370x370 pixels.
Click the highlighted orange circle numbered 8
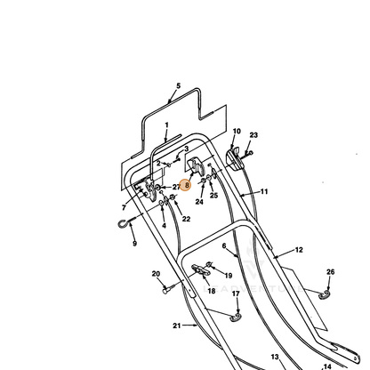(185, 185)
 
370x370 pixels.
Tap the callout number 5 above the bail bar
(178, 86)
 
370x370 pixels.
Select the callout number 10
(237, 131)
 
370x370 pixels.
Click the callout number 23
(253, 135)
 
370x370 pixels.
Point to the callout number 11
(264, 191)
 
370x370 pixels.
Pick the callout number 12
(299, 250)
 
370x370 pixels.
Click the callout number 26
(330, 272)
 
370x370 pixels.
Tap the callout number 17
(236, 294)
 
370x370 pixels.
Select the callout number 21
(177, 326)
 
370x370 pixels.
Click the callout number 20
(156, 274)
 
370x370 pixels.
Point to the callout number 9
(134, 244)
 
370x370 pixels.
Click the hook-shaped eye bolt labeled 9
(125, 222)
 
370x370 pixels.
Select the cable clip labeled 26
(324, 294)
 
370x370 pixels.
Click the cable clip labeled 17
(236, 318)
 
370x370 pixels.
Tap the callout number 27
(176, 187)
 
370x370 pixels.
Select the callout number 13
(275, 357)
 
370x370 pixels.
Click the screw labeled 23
(248, 154)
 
